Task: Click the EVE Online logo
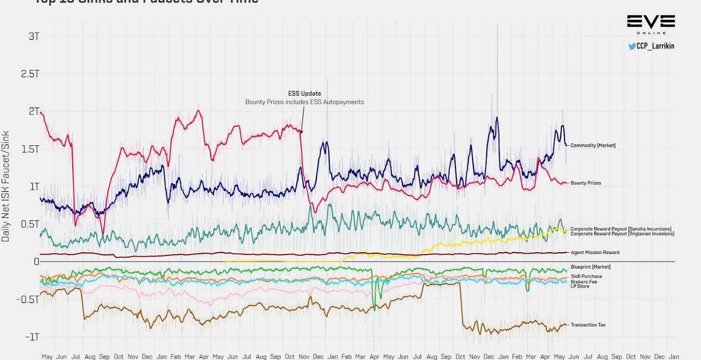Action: coord(651,24)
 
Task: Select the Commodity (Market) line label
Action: coord(593,145)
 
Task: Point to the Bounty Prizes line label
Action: coord(585,183)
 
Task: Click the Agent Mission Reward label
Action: coord(595,252)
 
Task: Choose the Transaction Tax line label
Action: coord(588,325)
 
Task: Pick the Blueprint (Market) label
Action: coord(590,267)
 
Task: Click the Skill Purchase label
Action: coord(586,276)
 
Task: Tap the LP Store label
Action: coord(580,286)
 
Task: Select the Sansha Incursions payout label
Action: coord(621,229)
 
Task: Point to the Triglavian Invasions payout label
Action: coord(622,234)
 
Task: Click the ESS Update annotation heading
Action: coord(304,93)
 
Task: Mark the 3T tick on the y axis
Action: coord(34,36)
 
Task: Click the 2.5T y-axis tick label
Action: coord(30,74)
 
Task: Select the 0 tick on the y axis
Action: coord(36,261)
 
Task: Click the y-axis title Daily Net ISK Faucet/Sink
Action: coord(6,186)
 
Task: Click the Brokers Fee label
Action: coord(584,282)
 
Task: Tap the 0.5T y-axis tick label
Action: coord(30,224)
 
